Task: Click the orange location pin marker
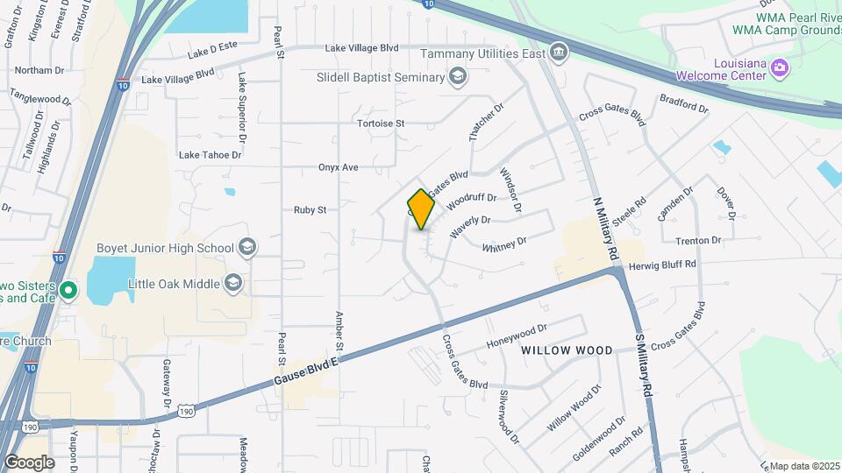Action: pos(421,209)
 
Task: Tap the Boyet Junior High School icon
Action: pos(246,248)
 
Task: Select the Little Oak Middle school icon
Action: pos(233,282)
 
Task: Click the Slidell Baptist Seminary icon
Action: pos(457,78)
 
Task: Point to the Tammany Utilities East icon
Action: pos(558,53)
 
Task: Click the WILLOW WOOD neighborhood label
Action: pos(567,350)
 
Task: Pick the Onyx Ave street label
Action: pos(338,166)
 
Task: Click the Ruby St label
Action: pos(310,210)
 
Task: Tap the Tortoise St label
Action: pos(381,124)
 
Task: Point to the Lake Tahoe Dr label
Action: pos(210,155)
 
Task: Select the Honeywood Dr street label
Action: pos(517,333)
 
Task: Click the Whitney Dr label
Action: pos(503,244)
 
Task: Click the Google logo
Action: pos(29,462)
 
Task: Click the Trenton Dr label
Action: pos(698,240)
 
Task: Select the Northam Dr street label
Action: pos(39,70)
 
